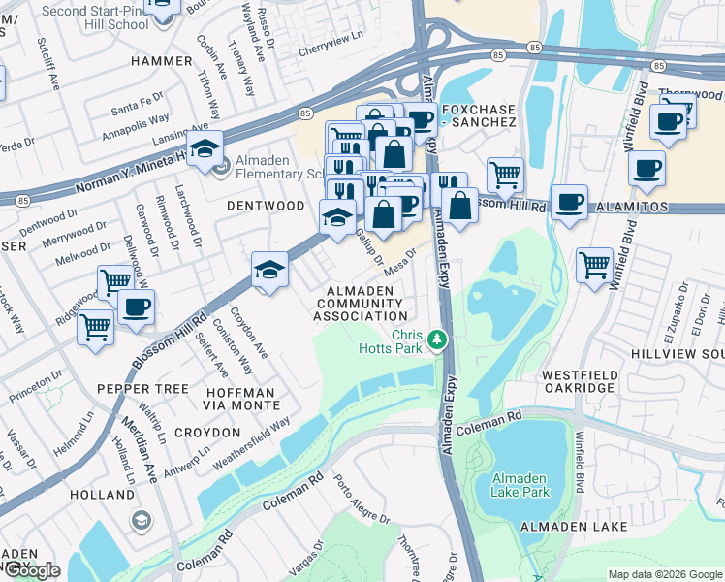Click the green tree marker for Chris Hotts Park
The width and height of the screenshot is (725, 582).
tap(438, 339)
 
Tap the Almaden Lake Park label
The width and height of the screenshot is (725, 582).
tap(520, 485)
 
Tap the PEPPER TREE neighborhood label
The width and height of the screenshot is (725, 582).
tap(142, 388)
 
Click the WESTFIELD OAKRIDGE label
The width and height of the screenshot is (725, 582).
tap(579, 381)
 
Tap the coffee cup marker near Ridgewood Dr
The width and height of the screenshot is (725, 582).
tap(136, 307)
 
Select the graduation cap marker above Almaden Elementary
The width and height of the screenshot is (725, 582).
tap(205, 148)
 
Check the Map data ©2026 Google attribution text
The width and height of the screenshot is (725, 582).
tap(665, 574)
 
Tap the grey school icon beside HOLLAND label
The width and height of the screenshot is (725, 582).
tap(142, 522)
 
